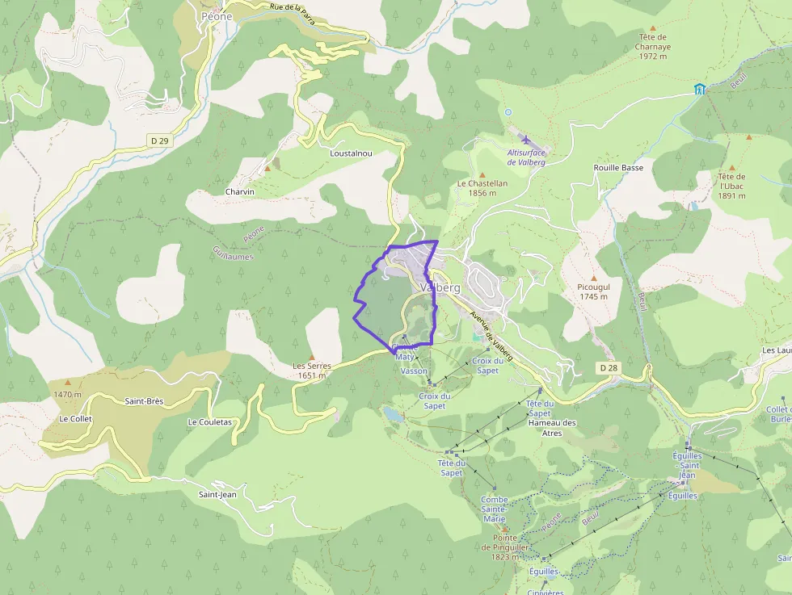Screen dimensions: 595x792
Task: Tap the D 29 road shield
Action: [x=160, y=141]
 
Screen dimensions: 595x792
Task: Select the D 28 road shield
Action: [x=609, y=368]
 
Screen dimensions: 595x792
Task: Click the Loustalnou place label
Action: [x=351, y=153]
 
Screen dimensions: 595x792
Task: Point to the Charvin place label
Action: [x=240, y=192]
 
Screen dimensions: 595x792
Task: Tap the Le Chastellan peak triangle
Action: [x=482, y=174]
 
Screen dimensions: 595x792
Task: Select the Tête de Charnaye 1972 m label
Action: [x=652, y=47]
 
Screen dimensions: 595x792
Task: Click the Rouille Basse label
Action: [x=618, y=168]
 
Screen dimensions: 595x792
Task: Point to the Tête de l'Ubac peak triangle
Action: [x=731, y=168]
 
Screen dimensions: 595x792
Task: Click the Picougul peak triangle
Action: [x=594, y=278]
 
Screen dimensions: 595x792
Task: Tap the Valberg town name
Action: [x=440, y=287]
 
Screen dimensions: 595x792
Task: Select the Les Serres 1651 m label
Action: [x=312, y=371]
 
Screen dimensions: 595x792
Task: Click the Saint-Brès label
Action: [x=144, y=401]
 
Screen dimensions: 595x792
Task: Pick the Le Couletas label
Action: [x=210, y=422]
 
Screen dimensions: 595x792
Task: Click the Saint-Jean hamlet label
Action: [x=217, y=494]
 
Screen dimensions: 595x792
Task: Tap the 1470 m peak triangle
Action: [x=68, y=383]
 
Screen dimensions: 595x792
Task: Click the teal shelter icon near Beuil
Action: [x=699, y=88]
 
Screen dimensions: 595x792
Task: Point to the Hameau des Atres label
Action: [x=551, y=428]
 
